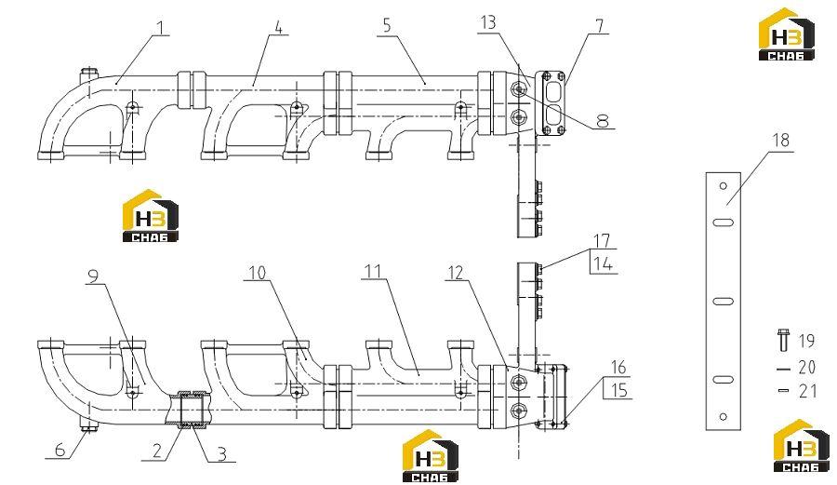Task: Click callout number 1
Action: (x=161, y=27)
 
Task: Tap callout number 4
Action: (x=278, y=27)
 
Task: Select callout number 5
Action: (x=387, y=25)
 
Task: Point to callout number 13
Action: (x=488, y=23)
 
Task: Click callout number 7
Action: (x=600, y=26)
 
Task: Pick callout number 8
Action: (x=602, y=121)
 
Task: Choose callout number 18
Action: (x=781, y=141)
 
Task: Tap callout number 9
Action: (x=93, y=276)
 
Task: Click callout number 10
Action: (x=258, y=273)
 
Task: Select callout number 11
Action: (x=372, y=271)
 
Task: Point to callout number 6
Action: (x=60, y=450)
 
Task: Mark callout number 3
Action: (x=221, y=454)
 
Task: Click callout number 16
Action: (x=618, y=368)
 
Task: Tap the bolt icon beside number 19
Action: (x=783, y=341)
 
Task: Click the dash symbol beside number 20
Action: (x=783, y=369)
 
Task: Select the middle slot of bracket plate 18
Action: (x=724, y=302)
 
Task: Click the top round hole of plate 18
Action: (x=724, y=186)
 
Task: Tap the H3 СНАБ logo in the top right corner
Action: (x=787, y=34)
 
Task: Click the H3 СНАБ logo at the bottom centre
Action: (x=431, y=455)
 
